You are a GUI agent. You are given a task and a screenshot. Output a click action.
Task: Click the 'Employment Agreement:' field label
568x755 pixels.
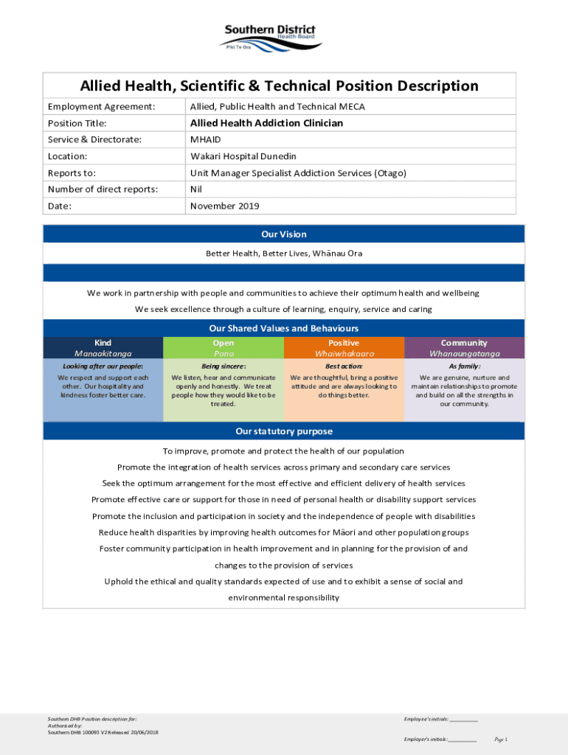coord(101,107)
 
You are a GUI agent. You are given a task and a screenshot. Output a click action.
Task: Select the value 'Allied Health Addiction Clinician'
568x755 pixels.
coord(266,123)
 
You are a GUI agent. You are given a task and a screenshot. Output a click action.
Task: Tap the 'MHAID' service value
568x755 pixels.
coord(205,139)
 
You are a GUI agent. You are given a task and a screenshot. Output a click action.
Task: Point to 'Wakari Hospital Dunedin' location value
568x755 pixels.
coord(243,156)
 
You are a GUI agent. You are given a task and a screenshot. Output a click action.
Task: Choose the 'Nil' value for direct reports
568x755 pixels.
coord(196,189)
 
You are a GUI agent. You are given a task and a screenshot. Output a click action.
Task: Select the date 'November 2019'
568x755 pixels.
coord(225,206)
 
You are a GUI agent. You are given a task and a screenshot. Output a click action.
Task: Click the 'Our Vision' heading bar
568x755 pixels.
coord(283,234)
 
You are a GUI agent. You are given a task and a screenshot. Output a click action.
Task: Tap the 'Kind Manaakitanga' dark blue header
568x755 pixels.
coord(103,348)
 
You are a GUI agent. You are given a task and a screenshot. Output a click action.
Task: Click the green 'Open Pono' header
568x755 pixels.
coord(224,348)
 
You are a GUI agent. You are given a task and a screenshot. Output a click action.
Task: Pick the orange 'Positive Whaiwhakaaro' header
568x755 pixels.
coord(344,348)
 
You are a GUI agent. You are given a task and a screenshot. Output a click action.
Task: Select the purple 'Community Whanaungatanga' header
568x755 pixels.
coord(464,348)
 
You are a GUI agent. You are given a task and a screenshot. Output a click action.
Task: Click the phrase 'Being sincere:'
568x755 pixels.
coord(224,366)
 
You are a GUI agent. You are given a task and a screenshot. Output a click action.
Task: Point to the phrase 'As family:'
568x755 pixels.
coord(464,366)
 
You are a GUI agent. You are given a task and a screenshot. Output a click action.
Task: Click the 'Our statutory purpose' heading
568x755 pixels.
coord(283,431)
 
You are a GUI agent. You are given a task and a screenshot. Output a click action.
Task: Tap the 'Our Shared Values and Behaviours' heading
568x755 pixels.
coord(283,328)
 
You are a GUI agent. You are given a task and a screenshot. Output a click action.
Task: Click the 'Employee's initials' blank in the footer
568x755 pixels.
coord(464,720)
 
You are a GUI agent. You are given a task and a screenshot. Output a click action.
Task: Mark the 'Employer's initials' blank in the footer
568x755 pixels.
coord(463,740)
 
